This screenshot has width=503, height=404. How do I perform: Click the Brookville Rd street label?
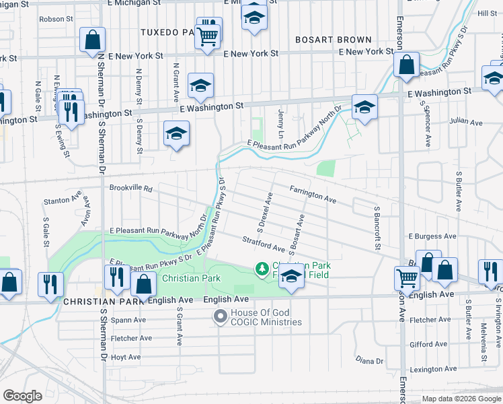[131, 189]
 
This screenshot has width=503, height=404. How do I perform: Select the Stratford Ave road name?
[264, 244]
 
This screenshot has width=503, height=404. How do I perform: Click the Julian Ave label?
[467, 123]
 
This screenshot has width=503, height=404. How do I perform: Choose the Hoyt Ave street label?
[125, 357]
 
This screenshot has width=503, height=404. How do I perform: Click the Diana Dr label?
[369, 361]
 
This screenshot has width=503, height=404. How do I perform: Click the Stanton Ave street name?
[63, 200]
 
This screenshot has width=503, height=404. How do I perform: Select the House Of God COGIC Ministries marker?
[220, 316]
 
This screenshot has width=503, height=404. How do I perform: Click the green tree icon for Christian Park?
[261, 269]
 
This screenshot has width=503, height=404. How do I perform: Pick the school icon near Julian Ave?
[364, 107]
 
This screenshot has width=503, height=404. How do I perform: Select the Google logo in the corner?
[22, 396]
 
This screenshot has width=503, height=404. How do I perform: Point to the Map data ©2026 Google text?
[461, 399]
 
